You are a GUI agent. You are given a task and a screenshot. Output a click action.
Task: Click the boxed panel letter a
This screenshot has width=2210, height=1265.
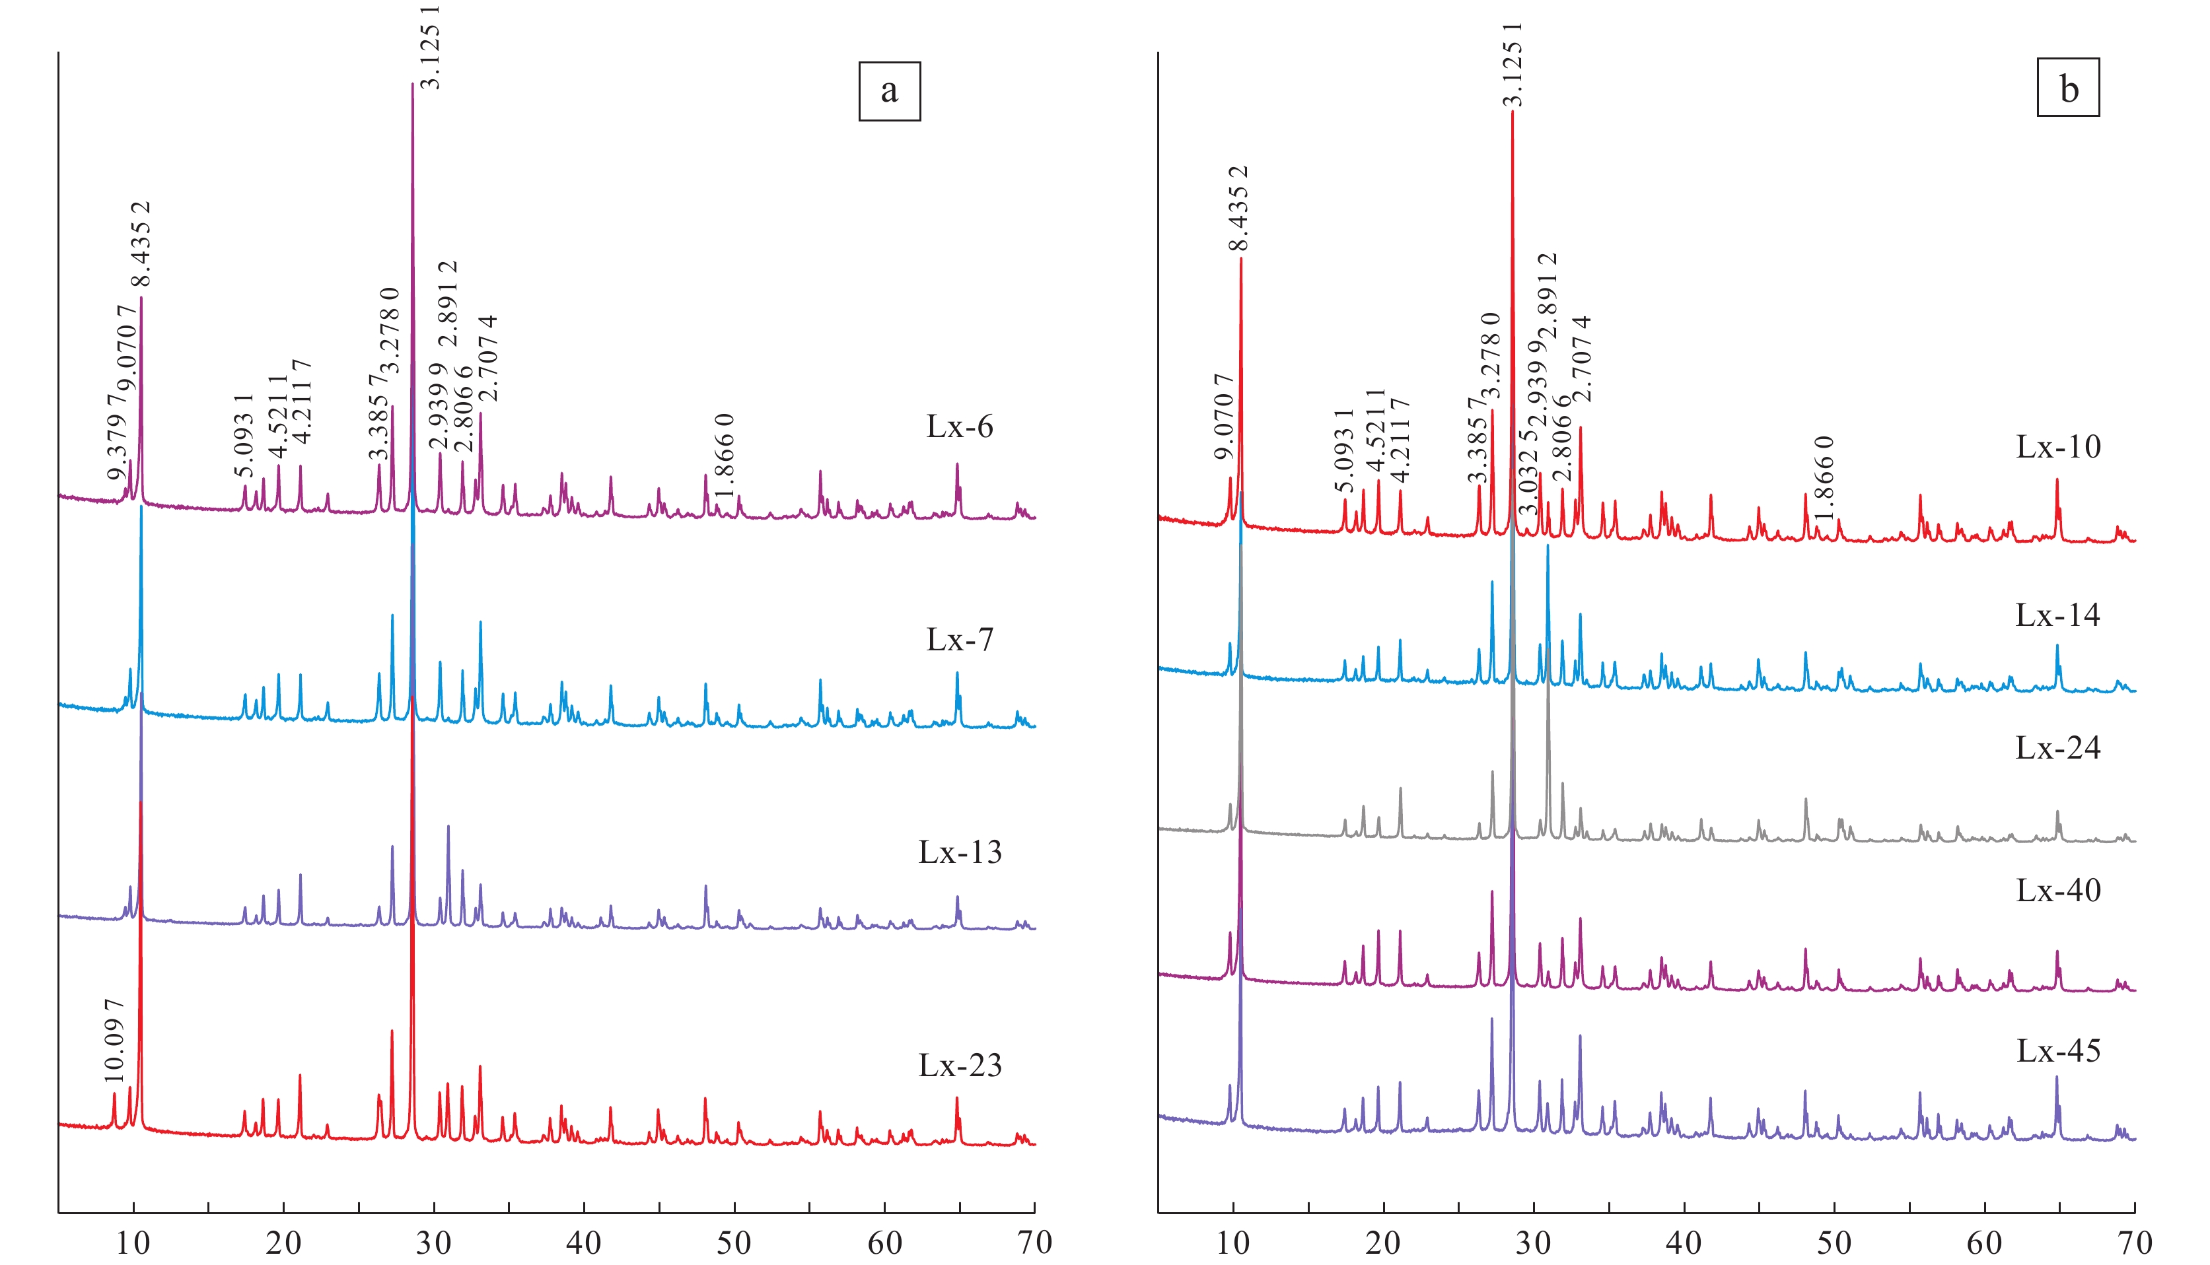(x=889, y=90)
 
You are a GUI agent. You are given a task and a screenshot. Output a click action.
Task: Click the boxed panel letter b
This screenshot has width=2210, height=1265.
(x=2069, y=88)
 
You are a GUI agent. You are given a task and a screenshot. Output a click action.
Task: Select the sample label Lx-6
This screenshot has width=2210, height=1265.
(x=960, y=427)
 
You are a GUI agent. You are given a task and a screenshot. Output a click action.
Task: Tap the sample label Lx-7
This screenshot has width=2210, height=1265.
(x=960, y=640)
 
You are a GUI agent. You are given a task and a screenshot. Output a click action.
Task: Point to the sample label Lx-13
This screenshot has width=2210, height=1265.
(x=960, y=852)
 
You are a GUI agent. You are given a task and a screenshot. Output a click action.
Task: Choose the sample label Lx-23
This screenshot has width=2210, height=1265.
(x=960, y=1065)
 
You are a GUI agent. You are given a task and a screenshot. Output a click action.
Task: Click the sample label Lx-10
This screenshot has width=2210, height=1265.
(x=2058, y=446)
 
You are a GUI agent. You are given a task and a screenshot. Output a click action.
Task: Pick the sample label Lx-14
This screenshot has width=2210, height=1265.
(x=2058, y=615)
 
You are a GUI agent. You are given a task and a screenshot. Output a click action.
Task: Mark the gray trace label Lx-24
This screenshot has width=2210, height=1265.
(x=2058, y=748)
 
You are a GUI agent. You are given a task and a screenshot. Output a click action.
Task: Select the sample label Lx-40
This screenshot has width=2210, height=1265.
(x=2058, y=891)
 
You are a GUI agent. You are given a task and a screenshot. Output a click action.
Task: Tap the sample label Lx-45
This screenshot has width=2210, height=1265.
(x=2058, y=1051)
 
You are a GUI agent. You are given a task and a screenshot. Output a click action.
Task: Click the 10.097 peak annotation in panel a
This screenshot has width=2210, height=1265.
(x=114, y=1041)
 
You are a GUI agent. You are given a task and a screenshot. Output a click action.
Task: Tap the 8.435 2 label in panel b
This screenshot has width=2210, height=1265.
(x=1238, y=209)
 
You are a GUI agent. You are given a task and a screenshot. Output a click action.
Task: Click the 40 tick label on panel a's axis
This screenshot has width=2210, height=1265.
(x=584, y=1243)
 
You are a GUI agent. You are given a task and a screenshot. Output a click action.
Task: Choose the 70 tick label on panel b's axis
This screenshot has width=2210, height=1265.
(x=2135, y=1243)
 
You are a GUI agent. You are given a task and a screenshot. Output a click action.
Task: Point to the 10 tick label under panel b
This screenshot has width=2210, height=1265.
(x=1232, y=1243)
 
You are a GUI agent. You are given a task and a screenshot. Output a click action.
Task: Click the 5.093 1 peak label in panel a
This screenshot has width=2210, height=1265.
(x=244, y=436)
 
